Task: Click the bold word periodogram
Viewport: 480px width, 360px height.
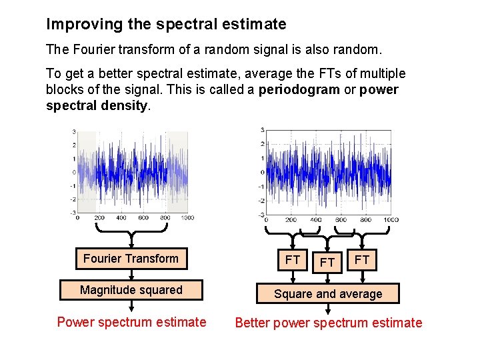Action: (299, 90)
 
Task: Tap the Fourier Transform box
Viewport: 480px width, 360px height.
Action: (131, 259)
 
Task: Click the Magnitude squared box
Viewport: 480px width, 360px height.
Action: (131, 290)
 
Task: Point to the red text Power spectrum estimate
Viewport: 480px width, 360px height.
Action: (131, 323)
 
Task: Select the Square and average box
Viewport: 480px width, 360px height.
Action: (328, 294)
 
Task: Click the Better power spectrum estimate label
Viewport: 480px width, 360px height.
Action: (328, 323)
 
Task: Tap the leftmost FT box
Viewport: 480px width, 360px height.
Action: (293, 259)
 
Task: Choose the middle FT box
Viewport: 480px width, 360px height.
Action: (327, 263)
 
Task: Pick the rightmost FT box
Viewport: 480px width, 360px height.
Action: (362, 259)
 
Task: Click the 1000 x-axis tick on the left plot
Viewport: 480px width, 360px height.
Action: (187, 218)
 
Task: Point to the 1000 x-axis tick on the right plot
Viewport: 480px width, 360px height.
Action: (391, 219)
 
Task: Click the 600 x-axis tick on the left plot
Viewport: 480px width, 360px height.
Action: (143, 218)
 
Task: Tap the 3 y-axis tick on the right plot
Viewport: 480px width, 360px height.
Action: (262, 129)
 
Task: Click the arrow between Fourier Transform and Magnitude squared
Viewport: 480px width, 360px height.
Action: (131, 274)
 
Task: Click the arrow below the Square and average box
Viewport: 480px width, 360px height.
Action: (328, 309)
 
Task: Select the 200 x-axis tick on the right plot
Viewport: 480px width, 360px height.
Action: (291, 219)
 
